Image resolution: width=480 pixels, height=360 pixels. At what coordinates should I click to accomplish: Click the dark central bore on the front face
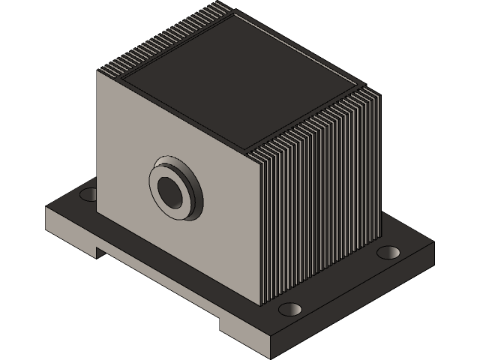[x=171, y=190]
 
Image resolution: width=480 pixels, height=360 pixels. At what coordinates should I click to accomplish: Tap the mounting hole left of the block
[x=88, y=195]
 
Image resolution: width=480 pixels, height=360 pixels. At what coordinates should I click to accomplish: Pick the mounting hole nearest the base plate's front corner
[x=289, y=309]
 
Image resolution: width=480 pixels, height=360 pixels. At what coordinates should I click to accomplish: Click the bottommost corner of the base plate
[x=271, y=353]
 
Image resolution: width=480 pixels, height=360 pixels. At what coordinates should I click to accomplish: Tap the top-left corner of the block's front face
[x=99, y=70]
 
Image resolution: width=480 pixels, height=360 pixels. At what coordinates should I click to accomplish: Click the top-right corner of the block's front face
[x=259, y=151]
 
